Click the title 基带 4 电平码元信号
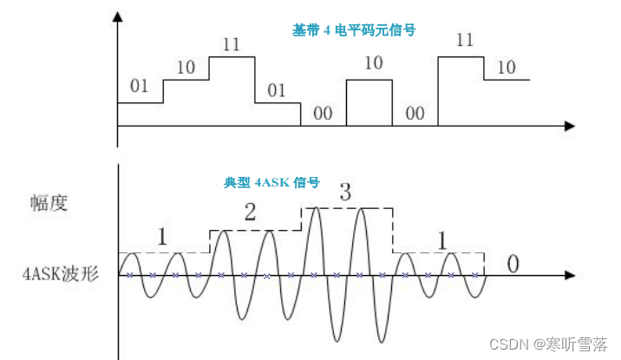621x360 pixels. tap(353, 29)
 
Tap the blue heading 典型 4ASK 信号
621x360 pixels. tap(271, 183)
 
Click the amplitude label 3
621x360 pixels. tap(344, 194)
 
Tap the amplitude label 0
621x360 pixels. tap(513, 264)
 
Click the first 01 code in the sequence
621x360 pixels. tap(139, 86)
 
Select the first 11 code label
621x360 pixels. tap(231, 44)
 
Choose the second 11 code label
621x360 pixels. tap(464, 40)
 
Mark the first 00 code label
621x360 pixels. tap(323, 113)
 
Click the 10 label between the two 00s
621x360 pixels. tap(373, 63)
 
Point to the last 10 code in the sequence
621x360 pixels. tap(507, 66)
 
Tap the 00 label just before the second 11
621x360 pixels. tap(415, 113)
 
